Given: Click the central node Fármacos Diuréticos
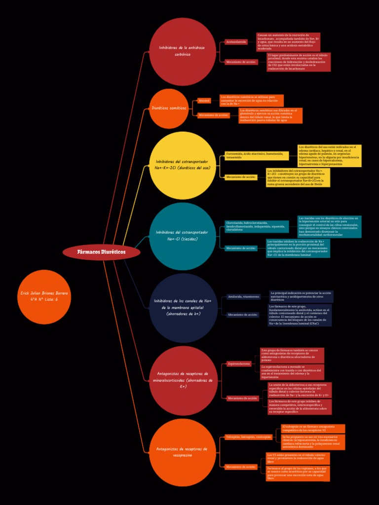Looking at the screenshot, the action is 102,252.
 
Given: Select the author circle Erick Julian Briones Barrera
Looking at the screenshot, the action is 44,297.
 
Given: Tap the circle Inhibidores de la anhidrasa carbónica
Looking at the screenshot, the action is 182,51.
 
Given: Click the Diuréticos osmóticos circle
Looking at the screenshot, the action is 169,108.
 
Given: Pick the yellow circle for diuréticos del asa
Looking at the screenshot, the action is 182,165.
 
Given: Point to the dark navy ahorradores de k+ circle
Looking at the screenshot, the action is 183,308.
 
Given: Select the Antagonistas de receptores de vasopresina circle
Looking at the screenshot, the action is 182,452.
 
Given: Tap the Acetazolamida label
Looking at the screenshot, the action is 236,42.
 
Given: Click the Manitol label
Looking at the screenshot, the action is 204,101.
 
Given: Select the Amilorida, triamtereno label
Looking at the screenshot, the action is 243,297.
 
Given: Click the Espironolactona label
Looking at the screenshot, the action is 239,364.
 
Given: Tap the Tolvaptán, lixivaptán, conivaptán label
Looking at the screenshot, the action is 249,437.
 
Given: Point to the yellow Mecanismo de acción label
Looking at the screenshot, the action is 241,177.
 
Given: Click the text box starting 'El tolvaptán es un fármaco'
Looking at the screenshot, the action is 313,429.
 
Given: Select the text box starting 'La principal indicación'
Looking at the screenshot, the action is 301,296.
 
